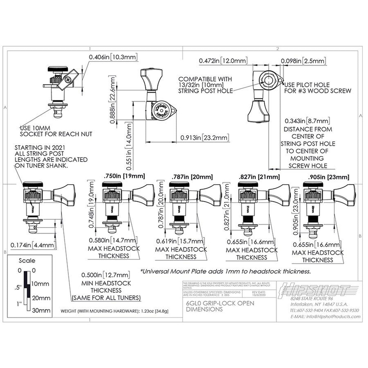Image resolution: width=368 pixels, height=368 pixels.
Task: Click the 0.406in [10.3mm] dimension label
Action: pyautogui.click(x=113, y=57)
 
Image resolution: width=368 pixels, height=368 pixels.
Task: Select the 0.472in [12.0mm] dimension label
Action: pyautogui.click(x=223, y=61)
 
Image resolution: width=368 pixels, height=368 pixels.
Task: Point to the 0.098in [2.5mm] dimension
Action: pyautogui.click(x=303, y=61)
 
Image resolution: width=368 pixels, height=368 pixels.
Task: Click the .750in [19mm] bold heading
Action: pyautogui.click(x=124, y=176)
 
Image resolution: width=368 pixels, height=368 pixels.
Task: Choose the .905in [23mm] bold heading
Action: pyautogui.click(x=328, y=177)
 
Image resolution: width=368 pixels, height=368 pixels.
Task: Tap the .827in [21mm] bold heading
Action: pyautogui.click(x=259, y=177)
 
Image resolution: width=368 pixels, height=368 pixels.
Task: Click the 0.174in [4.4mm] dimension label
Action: pyautogui.click(x=32, y=245)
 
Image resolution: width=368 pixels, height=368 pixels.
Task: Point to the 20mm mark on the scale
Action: pyautogui.click(x=41, y=298)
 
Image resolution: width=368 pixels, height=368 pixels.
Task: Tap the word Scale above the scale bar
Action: pyautogui.click(x=27, y=261)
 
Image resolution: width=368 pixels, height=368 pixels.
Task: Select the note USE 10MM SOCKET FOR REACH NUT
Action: pyautogui.click(x=56, y=131)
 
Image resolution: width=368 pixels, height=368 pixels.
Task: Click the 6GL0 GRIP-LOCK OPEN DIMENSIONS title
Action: pyautogui.click(x=220, y=306)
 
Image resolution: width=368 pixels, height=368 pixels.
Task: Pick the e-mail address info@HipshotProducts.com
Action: pyautogui.click(x=325, y=316)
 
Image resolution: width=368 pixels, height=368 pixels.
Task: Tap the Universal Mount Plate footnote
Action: pyautogui.click(x=226, y=271)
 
